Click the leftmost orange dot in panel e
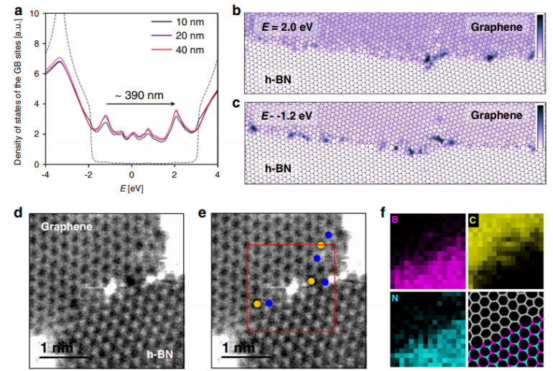(x=257, y=304)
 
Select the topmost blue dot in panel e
(x=328, y=235)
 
